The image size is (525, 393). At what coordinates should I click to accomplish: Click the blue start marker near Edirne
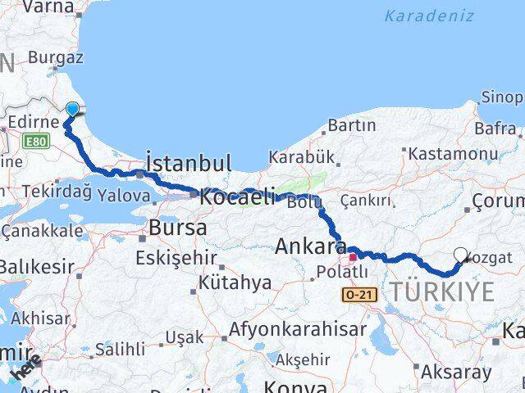tap(72, 109)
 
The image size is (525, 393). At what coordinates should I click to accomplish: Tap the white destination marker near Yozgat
tap(460, 255)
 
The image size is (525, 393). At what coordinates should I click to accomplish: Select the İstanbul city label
tap(188, 161)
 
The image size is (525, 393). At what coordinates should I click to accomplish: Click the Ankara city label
tap(311, 246)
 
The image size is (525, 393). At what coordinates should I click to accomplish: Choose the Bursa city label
tap(178, 228)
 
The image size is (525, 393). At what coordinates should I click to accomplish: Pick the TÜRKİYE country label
tap(442, 291)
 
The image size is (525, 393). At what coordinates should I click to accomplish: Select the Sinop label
tap(501, 97)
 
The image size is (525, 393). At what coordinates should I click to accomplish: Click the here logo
tap(26, 369)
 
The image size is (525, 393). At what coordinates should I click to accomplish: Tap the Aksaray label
tap(455, 373)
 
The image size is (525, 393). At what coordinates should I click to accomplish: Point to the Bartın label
tap(351, 125)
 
